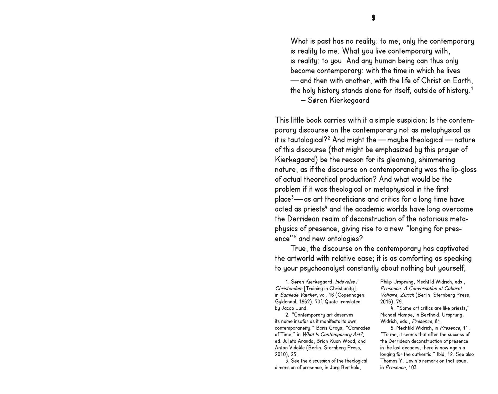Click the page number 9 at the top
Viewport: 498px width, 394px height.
373,18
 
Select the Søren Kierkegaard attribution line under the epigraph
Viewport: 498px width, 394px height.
335,100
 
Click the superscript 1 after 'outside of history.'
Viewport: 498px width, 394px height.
472,89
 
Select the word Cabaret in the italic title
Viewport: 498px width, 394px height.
453,288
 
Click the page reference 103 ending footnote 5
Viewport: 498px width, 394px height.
413,367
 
